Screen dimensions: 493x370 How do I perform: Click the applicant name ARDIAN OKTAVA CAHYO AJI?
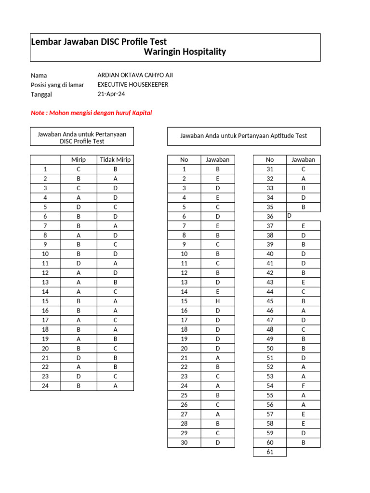tap(135, 75)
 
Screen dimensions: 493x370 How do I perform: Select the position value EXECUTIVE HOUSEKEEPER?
tap(133, 84)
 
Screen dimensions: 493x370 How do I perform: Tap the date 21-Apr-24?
tap(111, 94)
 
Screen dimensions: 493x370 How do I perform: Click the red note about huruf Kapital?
tap(91, 113)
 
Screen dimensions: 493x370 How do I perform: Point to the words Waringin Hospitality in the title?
tap(185, 52)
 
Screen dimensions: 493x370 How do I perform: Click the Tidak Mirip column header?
tap(115, 160)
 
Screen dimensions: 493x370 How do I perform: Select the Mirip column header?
tap(78, 160)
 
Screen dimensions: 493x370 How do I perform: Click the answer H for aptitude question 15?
tap(218, 301)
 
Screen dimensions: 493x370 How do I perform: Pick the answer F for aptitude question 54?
tap(304, 386)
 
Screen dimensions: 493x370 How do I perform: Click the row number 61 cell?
tap(270, 452)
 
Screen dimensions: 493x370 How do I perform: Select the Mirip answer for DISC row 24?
tap(78, 386)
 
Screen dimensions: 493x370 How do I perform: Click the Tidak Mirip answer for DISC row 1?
tap(115, 169)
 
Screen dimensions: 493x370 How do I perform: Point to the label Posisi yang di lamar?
tap(57, 85)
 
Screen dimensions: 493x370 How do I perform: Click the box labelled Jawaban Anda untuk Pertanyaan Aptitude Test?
tap(243, 136)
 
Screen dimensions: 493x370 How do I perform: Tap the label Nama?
tap(39, 76)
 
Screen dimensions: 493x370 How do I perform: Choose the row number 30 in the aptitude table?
tap(184, 442)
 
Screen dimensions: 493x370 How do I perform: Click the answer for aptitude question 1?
tap(218, 169)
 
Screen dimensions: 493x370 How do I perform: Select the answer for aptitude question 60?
tap(304, 442)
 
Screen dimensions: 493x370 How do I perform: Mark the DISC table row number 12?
tap(45, 272)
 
